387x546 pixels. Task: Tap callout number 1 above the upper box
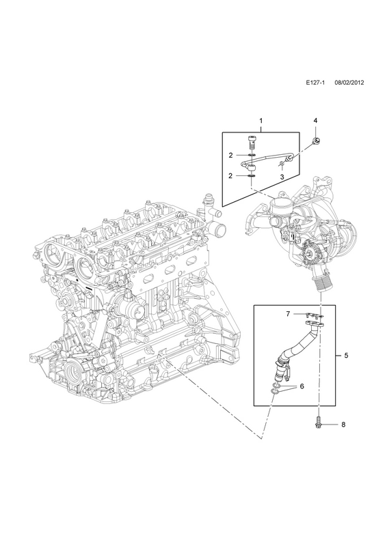pyautogui.click(x=261, y=121)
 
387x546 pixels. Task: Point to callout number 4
pyautogui.click(x=315, y=121)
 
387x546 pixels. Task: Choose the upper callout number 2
pyautogui.click(x=230, y=156)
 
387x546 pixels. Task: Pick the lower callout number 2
pyautogui.click(x=230, y=176)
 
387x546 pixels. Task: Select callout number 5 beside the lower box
pyautogui.click(x=346, y=356)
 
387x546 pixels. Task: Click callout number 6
pyautogui.click(x=302, y=386)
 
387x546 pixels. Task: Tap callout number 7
pyautogui.click(x=288, y=314)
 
